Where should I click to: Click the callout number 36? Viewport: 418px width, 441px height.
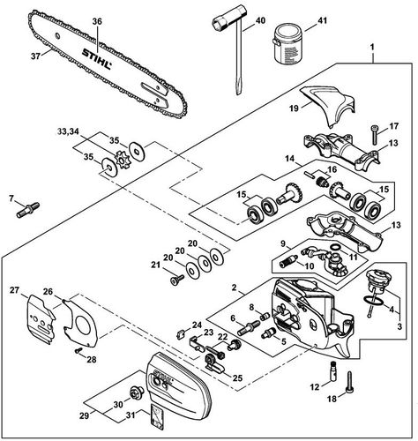[x=97, y=20]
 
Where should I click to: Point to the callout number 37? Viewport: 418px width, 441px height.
[x=34, y=58]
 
